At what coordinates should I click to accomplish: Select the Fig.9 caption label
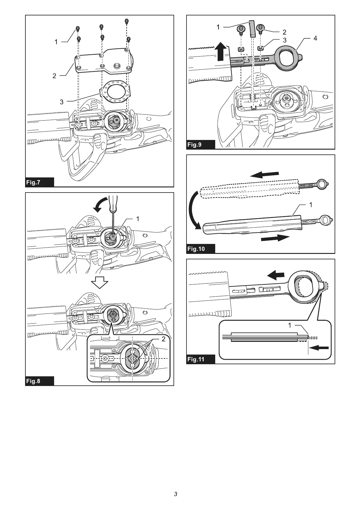coord(194,144)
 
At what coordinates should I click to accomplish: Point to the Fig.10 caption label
coord(196,249)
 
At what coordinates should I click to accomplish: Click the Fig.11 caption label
coord(196,359)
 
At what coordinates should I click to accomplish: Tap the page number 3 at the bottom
coord(175,494)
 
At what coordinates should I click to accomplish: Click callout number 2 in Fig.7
coord(54,76)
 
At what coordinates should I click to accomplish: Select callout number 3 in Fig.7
coord(62,102)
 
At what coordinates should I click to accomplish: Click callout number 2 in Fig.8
coord(164,339)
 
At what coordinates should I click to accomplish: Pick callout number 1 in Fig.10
coord(311,205)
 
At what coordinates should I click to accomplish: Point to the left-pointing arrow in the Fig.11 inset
coord(320,348)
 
